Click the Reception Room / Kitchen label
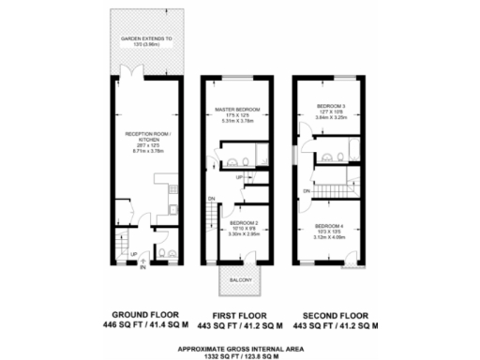coord(140,138)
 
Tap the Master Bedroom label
coord(237,110)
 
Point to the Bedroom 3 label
coord(331,107)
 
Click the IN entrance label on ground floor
coord(142,268)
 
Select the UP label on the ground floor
coord(134,253)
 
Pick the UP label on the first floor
coord(239,177)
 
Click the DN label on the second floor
coord(307,191)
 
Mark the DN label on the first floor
coord(213,198)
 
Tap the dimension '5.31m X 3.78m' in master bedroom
coord(237,121)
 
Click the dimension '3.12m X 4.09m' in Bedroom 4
coord(331,237)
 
